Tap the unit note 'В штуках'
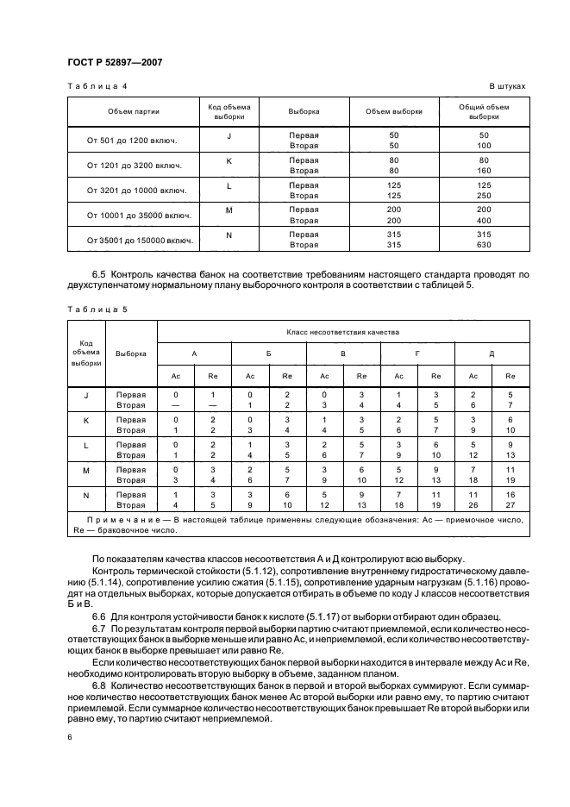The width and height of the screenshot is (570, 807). (507, 87)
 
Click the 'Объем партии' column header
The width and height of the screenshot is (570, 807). (134, 111)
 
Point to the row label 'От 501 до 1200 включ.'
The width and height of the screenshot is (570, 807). (134, 141)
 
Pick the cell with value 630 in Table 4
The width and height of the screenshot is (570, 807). (484, 245)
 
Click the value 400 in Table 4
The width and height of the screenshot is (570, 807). (484, 220)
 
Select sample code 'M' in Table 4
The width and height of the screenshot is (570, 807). (229, 210)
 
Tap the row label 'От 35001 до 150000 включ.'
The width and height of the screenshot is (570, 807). (134, 240)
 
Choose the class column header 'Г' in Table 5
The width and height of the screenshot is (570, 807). (417, 353)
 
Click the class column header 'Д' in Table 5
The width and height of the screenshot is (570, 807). (492, 353)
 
